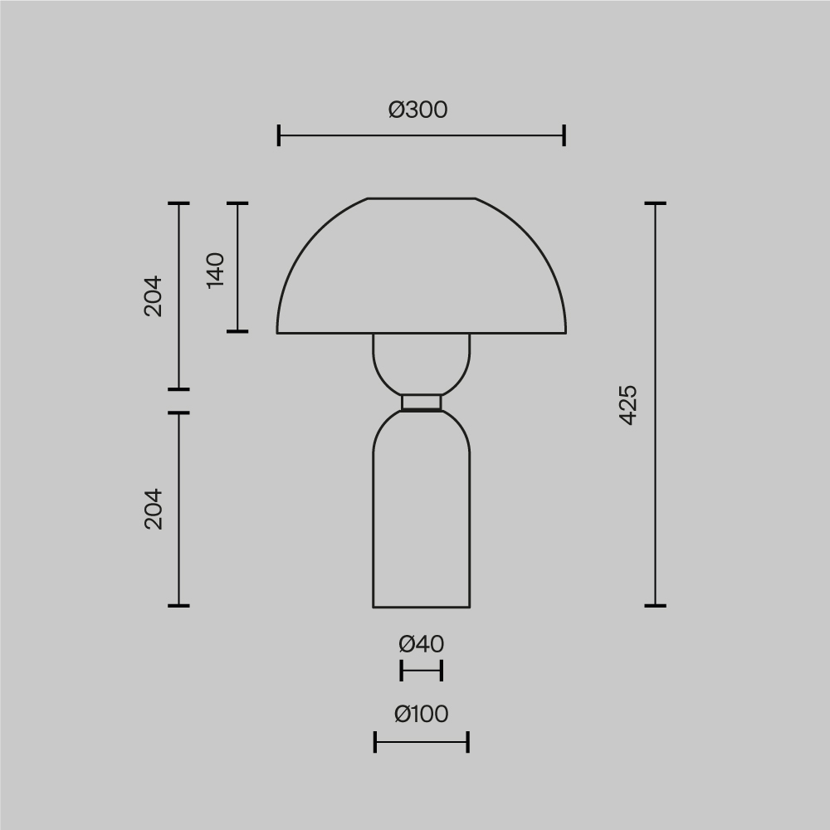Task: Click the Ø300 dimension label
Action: pyautogui.click(x=418, y=110)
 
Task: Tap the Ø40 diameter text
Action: pyautogui.click(x=421, y=643)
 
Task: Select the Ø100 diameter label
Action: pyautogui.click(x=421, y=714)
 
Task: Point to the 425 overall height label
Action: pyautogui.click(x=628, y=404)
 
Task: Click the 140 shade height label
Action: pyautogui.click(x=215, y=270)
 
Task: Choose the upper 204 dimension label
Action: pyautogui.click(x=154, y=295)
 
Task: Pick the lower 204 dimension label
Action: pyautogui.click(x=154, y=509)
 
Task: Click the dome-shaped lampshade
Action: pyautogui.click(x=422, y=274)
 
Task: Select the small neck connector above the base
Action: pyautogui.click(x=422, y=403)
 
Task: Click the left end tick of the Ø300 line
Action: pyautogui.click(x=279, y=135)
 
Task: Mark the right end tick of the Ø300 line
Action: pyautogui.click(x=564, y=135)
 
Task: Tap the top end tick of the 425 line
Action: pyautogui.click(x=656, y=203)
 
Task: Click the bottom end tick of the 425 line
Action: pyautogui.click(x=656, y=605)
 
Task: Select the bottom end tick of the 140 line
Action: pyautogui.click(x=237, y=331)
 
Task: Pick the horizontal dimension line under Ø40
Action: pyautogui.click(x=422, y=670)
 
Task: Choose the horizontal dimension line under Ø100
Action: pyautogui.click(x=422, y=742)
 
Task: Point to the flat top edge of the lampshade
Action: pyautogui.click(x=422, y=198)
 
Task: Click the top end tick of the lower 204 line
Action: pyautogui.click(x=178, y=413)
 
